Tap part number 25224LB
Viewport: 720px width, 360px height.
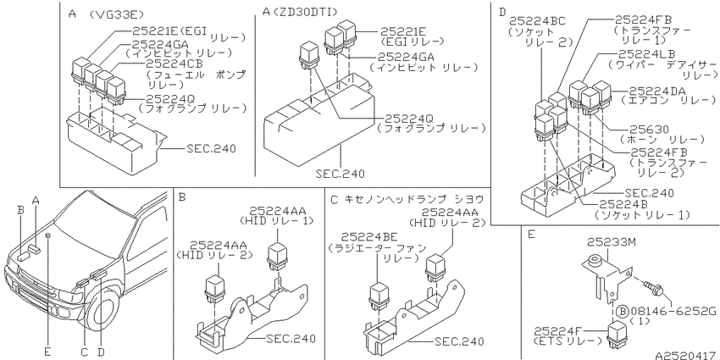click(x=647, y=53)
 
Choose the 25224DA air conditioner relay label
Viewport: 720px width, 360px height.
click(x=657, y=90)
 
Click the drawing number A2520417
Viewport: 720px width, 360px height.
click(x=687, y=355)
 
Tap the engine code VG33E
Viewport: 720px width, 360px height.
click(x=110, y=14)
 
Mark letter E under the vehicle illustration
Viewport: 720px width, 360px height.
click(x=47, y=352)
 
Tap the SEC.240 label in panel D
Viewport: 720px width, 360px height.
click(x=650, y=192)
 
